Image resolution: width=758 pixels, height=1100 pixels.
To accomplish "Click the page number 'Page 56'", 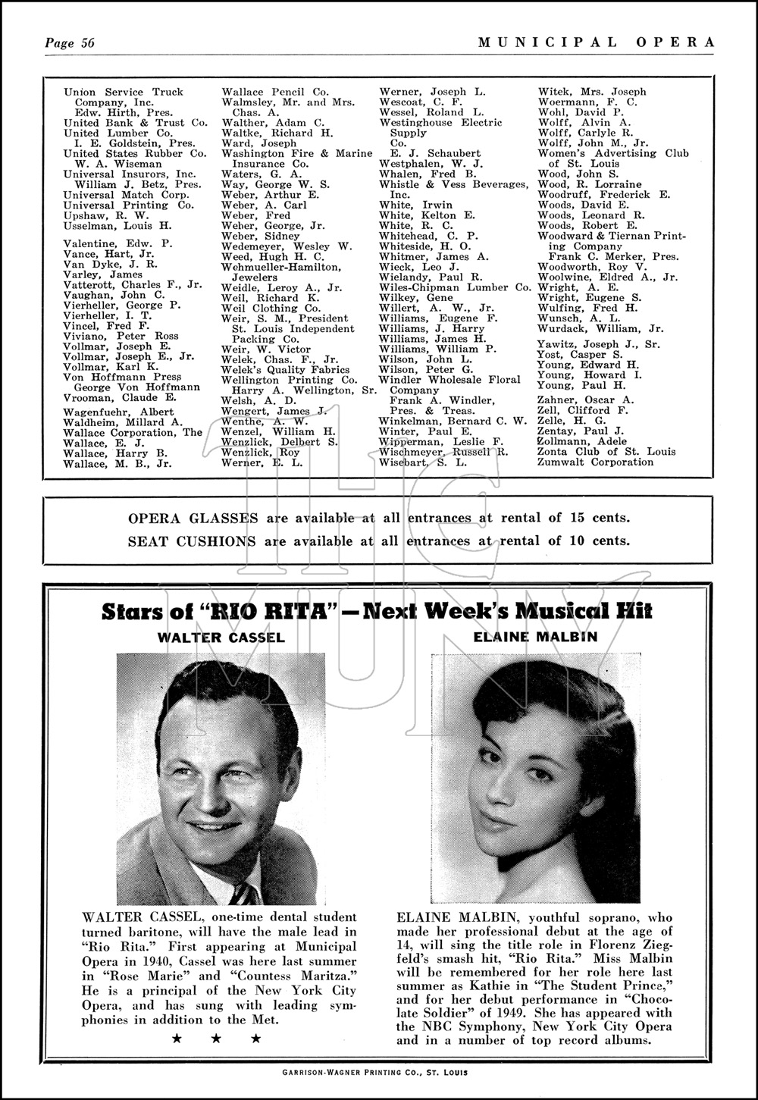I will [x=70, y=42].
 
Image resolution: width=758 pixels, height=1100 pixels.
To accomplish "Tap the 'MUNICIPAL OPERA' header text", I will [x=596, y=42].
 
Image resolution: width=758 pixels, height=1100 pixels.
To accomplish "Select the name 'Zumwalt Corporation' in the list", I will [x=596, y=462].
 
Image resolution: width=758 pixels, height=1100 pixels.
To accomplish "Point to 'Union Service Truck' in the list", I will [x=124, y=92].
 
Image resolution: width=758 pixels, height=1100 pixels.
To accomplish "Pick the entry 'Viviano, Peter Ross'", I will [x=121, y=336].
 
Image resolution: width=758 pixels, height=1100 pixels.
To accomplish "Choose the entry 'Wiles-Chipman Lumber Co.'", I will [x=456, y=287].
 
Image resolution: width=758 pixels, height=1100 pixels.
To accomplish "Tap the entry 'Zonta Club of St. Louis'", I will [x=606, y=451].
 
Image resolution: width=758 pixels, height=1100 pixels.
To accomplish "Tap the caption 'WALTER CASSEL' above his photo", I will [x=221, y=638].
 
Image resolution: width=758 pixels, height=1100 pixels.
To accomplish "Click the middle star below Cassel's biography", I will [x=216, y=1039].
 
